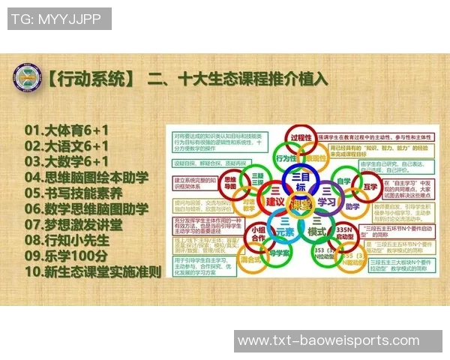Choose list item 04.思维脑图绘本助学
(x=86, y=178)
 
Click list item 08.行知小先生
(x=67, y=240)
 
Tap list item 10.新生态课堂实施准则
(x=93, y=271)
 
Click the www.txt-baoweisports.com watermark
(x=328, y=342)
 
